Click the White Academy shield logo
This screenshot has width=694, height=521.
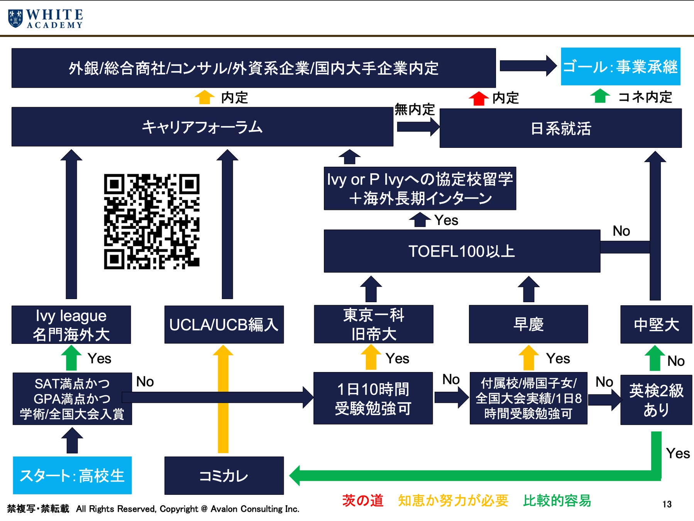(15, 19)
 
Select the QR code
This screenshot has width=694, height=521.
(152, 221)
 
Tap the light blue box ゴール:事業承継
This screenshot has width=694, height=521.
(620, 66)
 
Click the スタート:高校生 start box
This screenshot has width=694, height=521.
(72, 475)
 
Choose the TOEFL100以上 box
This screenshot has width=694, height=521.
(462, 251)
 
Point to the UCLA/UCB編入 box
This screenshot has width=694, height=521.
(224, 325)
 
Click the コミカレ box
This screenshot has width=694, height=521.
(224, 475)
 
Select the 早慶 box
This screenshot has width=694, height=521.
(528, 324)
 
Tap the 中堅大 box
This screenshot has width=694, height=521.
(656, 324)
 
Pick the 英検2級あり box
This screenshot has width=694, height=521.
(656, 399)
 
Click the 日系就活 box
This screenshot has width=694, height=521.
(560, 128)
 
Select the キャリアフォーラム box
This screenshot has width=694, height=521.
(202, 127)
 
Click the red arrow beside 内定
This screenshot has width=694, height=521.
(479, 98)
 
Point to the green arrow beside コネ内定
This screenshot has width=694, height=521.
(600, 96)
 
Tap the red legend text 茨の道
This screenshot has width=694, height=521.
(362, 501)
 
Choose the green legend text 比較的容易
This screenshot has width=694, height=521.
(557, 501)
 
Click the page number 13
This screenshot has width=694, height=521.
(667, 504)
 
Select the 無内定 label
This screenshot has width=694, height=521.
(414, 110)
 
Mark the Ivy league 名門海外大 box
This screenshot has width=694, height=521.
(71, 325)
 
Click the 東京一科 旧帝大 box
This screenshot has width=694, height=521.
(373, 324)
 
